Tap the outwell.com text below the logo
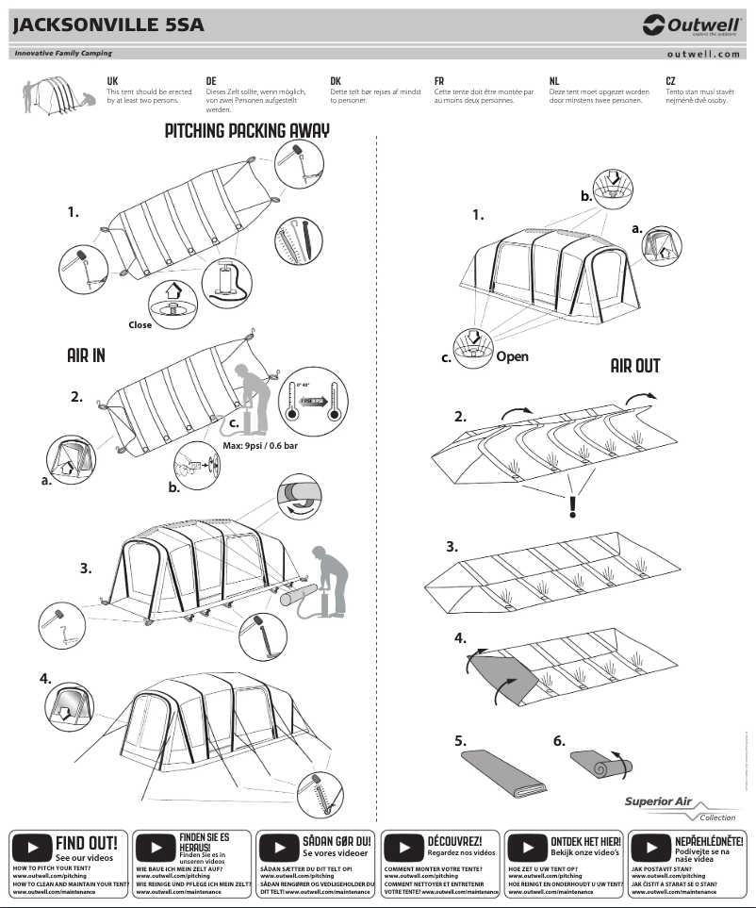pyautogui.click(x=703, y=55)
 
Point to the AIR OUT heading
pyautogui.click(x=634, y=366)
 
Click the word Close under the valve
pyautogui.click(x=140, y=324)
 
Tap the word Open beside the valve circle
pyautogui.click(x=512, y=356)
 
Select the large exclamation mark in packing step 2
pyautogui.click(x=571, y=507)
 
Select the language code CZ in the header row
pyautogui.click(x=670, y=82)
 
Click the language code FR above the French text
pyautogui.click(x=439, y=82)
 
